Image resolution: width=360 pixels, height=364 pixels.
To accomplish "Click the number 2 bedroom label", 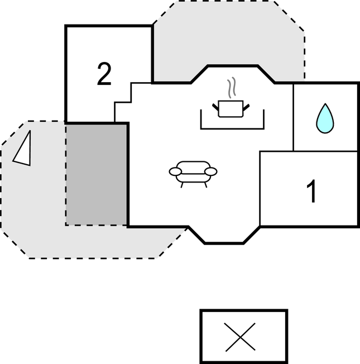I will [104, 74].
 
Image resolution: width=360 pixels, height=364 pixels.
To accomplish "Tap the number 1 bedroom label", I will [312, 191].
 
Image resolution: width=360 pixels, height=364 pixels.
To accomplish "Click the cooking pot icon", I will [232, 108].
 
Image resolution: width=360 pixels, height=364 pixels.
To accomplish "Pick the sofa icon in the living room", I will [193, 173].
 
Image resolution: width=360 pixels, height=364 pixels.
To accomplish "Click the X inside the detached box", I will [243, 337].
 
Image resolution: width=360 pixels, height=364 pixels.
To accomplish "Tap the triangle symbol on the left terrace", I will [22, 149].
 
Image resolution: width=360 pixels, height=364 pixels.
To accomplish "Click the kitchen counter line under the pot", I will [232, 128].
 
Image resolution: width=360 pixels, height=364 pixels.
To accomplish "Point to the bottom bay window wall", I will [224, 243].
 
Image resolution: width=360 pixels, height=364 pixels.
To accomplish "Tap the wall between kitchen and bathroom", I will [294, 117].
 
